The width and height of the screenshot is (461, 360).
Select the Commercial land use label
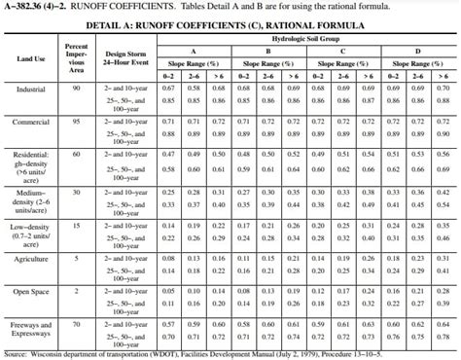pos(31,122)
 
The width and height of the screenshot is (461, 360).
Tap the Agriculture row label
pos(31,258)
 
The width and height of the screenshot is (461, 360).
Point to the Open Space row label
pos(31,291)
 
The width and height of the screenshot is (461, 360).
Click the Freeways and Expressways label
pos(31,328)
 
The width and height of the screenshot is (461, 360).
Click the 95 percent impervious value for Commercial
pos(78,122)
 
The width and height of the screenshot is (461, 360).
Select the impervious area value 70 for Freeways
pos(78,323)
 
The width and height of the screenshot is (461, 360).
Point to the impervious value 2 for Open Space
pos(78,291)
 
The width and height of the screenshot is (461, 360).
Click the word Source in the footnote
pos(17,354)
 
